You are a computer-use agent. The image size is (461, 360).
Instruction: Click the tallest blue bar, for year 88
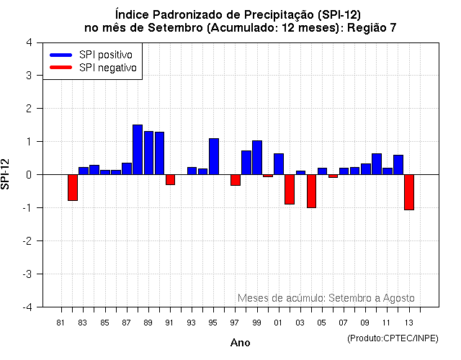tap(138, 150)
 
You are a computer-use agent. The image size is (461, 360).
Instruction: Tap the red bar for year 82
tap(73, 187)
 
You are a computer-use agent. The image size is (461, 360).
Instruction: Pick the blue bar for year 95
tap(214, 156)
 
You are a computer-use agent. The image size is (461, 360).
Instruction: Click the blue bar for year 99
tap(257, 158)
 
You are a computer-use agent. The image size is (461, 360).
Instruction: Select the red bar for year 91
tap(170, 179)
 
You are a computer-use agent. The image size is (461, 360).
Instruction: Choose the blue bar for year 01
tap(279, 164)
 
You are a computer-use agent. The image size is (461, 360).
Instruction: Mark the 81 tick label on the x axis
tap(61, 322)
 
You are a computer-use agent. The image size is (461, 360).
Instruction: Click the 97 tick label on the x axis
tap(235, 322)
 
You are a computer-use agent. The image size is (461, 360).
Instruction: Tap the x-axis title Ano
tap(240, 343)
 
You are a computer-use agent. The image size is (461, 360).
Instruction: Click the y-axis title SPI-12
tap(6, 175)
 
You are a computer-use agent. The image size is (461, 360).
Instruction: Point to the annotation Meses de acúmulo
tap(281, 298)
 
